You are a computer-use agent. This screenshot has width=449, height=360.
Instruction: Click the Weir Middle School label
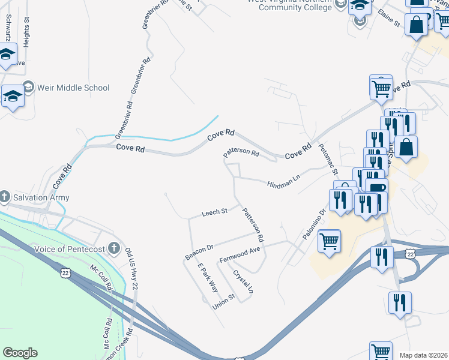point(73,88)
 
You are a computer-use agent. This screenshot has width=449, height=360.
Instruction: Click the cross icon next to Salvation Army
point(4,197)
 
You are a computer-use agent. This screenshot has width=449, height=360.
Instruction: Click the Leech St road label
point(214,212)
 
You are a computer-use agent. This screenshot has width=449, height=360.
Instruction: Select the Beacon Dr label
point(199,252)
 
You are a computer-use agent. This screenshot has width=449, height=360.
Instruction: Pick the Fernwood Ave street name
point(240,254)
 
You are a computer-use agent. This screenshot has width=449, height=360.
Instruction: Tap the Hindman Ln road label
point(283,181)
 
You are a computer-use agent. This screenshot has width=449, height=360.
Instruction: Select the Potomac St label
point(328,159)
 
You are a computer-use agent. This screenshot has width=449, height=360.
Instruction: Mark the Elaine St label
point(389,19)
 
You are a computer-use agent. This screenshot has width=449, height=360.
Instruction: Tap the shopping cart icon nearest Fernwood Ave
point(329,242)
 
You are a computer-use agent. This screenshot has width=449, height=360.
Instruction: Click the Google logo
point(20,353)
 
